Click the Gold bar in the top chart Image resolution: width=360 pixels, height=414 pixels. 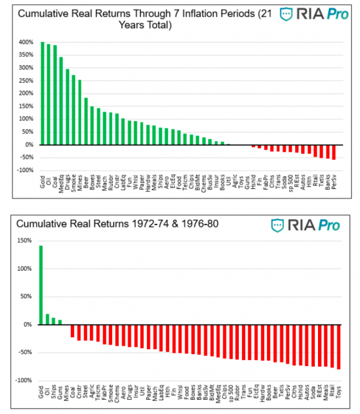(42, 94)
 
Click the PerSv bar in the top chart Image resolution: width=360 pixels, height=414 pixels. (334, 152)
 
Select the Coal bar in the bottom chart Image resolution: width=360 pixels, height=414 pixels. (73, 331)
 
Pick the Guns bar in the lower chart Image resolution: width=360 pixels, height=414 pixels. (60, 322)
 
